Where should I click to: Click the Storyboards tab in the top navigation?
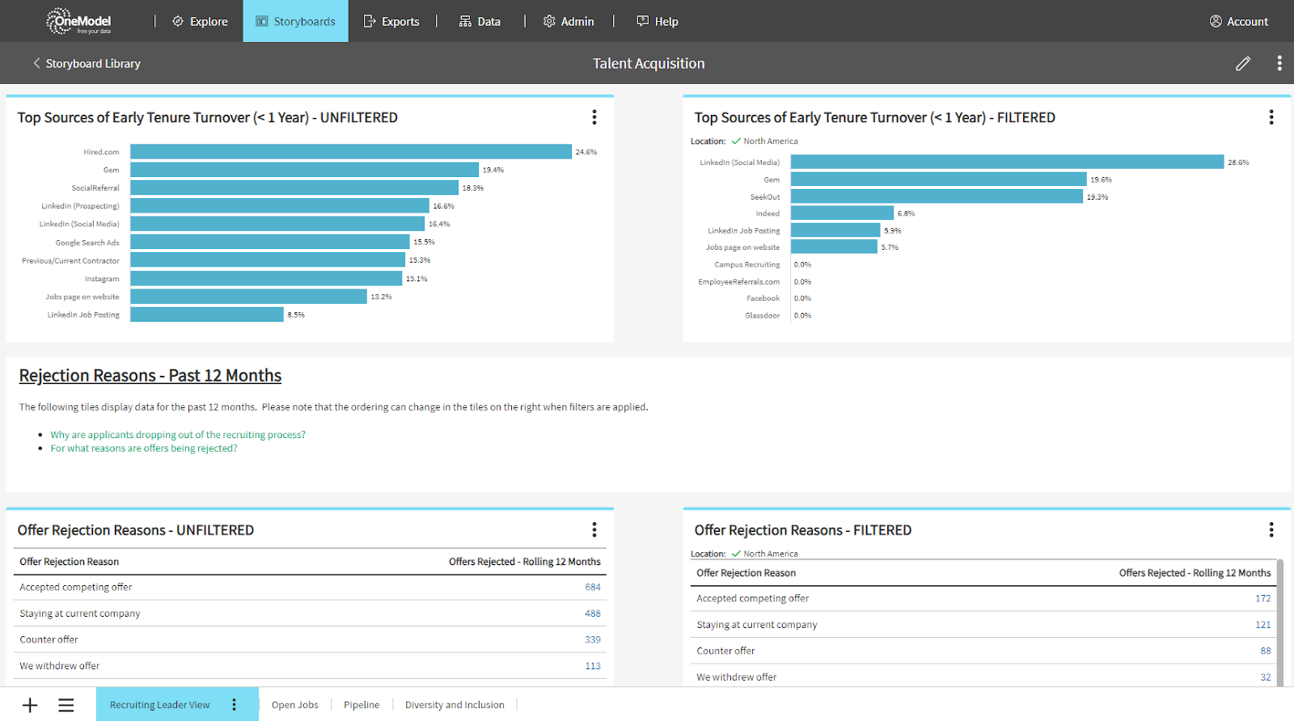(296, 22)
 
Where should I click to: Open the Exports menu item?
(391, 22)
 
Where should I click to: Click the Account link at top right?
(1239, 22)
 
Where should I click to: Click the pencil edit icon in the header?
(1243, 64)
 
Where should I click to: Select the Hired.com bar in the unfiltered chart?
(350, 152)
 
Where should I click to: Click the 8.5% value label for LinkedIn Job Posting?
(296, 315)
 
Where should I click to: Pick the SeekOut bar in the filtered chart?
(936, 196)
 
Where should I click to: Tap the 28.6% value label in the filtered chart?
(1238, 162)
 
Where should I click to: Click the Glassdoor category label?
(762, 316)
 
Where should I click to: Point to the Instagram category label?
(102, 279)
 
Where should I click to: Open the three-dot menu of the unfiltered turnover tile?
(594, 117)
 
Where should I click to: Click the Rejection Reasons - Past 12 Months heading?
(150, 376)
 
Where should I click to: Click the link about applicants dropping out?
(178, 435)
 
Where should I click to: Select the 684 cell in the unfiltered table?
(593, 588)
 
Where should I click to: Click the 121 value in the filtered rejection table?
(1262, 625)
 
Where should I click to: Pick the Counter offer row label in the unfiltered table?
(49, 640)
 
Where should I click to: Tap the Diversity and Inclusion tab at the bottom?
(455, 705)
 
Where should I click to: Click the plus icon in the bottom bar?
(30, 705)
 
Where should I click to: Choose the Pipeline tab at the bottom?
(362, 705)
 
